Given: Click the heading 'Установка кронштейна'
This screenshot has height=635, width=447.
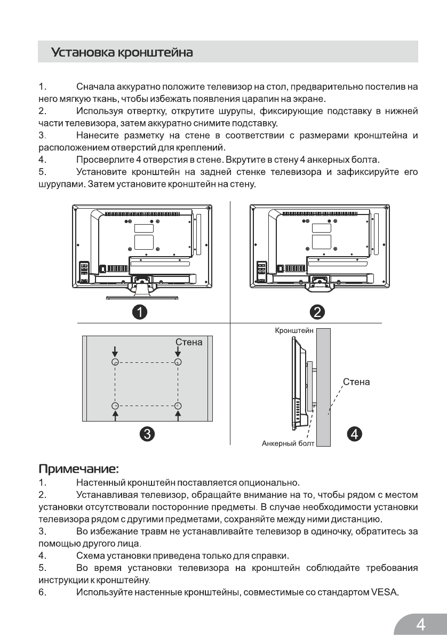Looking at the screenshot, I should [x=122, y=53].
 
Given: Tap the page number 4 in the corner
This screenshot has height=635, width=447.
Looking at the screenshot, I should [x=421, y=623].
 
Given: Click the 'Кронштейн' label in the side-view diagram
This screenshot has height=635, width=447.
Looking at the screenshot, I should [x=294, y=331].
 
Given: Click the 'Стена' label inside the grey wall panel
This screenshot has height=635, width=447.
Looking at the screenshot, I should [x=189, y=342].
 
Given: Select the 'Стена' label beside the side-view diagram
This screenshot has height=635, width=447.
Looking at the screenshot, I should [x=356, y=382].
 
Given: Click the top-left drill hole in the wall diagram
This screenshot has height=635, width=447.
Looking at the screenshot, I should [x=115, y=362].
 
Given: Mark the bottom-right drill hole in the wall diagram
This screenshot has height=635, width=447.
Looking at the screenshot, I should [x=178, y=405].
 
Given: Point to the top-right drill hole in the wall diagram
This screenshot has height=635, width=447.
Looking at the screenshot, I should [x=178, y=362].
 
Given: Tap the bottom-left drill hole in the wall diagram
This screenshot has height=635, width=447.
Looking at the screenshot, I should [x=115, y=405].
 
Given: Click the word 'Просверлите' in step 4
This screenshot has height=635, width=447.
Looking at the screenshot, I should [x=103, y=160].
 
